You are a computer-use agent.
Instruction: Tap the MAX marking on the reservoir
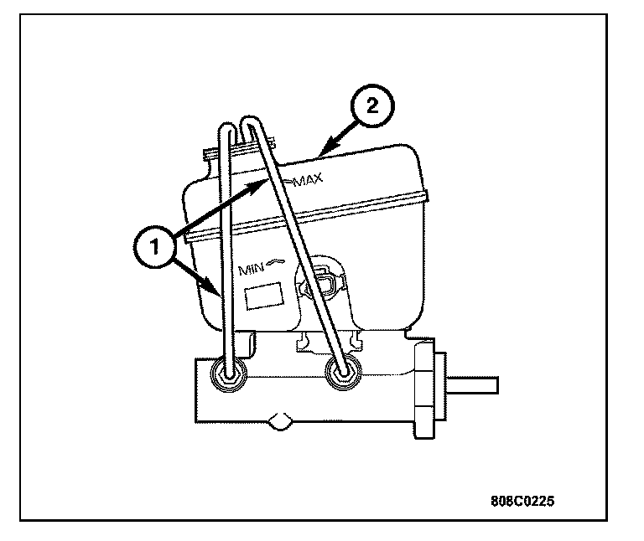click(306, 180)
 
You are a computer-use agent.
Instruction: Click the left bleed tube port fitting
click(228, 374)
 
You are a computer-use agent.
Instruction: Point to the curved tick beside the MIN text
click(278, 264)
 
